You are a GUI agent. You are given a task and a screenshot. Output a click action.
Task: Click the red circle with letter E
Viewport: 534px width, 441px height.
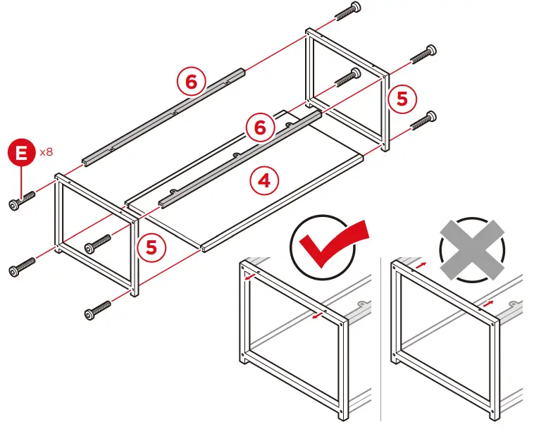point(22,152)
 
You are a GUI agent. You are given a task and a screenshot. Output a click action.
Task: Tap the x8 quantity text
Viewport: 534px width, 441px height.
point(46,151)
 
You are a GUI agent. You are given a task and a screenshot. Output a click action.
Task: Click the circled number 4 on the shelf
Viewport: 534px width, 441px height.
point(263,181)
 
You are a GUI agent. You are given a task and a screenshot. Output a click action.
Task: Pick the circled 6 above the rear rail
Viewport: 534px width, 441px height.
point(190,82)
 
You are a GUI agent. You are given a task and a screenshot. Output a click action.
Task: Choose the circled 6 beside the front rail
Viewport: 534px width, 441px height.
point(259,128)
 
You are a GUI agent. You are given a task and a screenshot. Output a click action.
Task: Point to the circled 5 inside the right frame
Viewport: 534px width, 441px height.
point(402,99)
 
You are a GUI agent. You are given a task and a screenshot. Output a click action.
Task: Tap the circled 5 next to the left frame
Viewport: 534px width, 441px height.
point(151,247)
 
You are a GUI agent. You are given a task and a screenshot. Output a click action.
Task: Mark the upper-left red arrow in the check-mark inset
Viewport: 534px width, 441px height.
point(248,276)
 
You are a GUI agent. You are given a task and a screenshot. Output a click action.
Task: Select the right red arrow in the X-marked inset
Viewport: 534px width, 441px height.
point(487,304)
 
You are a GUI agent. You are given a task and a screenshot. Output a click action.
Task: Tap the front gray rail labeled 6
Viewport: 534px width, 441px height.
point(240,159)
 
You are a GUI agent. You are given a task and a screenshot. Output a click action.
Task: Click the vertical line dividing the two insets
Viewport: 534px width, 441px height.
point(380,338)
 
